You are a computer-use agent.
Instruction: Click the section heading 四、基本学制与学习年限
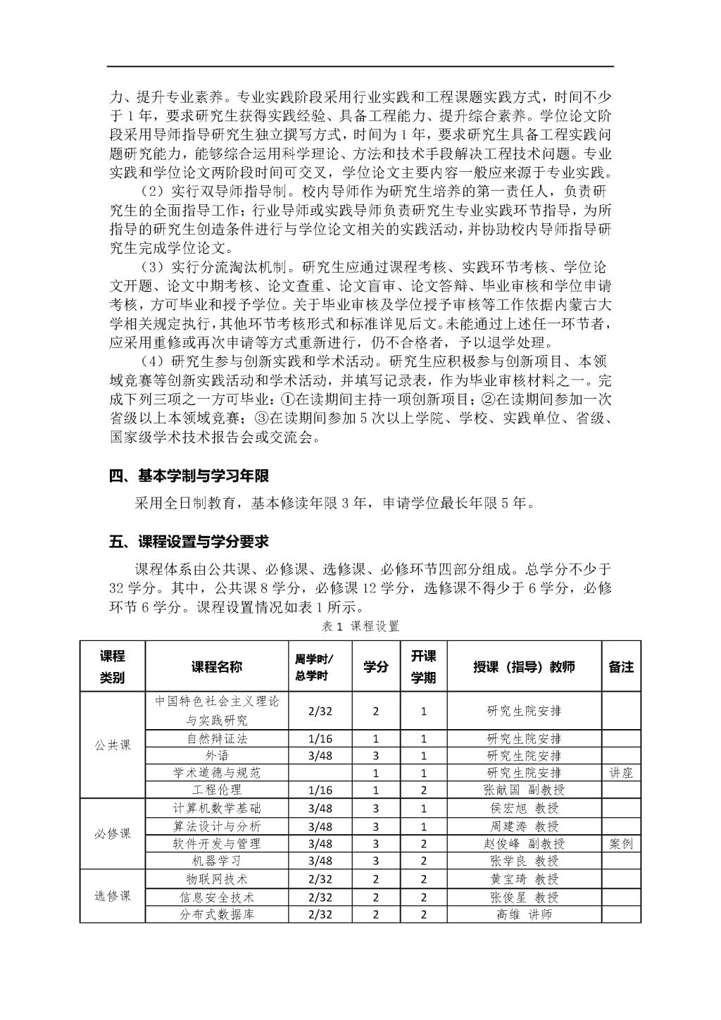click(x=189, y=476)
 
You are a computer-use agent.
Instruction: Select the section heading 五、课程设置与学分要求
click(x=189, y=542)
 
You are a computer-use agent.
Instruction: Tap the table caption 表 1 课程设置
click(x=360, y=626)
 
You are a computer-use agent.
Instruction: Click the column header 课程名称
click(x=217, y=666)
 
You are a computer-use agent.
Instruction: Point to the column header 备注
click(x=620, y=666)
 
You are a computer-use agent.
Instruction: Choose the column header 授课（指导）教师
click(x=524, y=666)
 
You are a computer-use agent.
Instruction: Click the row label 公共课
click(x=113, y=745)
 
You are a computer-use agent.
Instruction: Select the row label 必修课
click(x=113, y=835)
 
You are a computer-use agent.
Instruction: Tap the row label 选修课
click(x=113, y=896)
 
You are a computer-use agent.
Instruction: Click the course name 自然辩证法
click(x=217, y=739)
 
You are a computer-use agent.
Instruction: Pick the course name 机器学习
click(x=217, y=861)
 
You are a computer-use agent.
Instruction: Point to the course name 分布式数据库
click(x=217, y=914)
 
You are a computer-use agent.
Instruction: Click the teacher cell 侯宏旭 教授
click(x=524, y=808)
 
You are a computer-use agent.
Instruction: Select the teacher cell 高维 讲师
click(x=524, y=914)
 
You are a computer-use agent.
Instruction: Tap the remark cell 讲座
click(x=620, y=773)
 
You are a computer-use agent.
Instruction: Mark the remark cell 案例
click(x=620, y=843)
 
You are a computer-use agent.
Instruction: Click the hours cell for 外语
click(x=320, y=756)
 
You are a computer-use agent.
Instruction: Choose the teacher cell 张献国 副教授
click(x=524, y=790)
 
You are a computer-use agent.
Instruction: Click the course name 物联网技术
click(x=217, y=879)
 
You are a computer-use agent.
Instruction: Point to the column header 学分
click(x=376, y=666)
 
